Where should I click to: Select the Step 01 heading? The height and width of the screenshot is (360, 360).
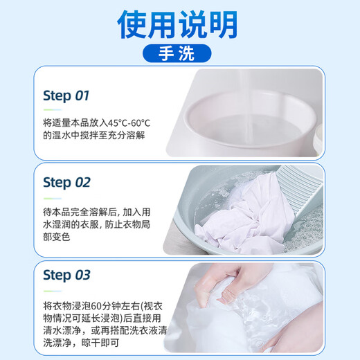point(66,96)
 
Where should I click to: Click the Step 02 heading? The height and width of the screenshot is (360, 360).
point(66,183)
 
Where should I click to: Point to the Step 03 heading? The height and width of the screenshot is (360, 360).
point(66,275)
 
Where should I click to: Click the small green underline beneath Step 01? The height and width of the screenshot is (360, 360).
point(48,109)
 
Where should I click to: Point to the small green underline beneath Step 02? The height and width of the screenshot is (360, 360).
point(48,197)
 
